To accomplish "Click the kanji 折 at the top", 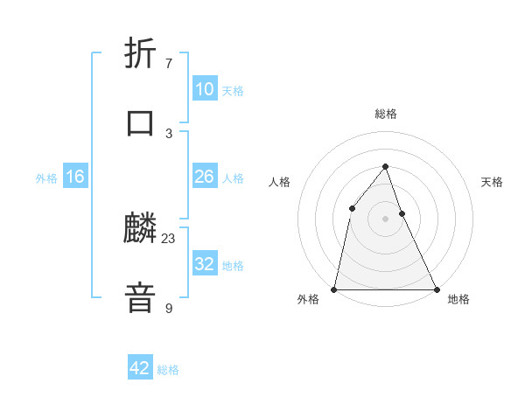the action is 140,54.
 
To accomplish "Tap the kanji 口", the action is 140,122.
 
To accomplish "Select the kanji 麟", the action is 140,229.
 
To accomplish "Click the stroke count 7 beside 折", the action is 169,64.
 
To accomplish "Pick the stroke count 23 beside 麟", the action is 169,239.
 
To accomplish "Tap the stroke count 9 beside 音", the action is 169,308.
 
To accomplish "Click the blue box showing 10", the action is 204,89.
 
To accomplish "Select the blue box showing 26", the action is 204,177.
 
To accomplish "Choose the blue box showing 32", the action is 204,264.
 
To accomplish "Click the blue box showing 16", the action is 75,177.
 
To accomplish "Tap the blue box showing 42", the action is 139,368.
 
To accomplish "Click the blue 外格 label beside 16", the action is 46,178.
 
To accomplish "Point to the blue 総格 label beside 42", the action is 168,370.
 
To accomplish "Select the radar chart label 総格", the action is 385,114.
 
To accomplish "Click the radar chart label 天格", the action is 493,182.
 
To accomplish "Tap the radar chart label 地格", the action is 458,299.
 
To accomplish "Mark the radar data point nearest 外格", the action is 334,289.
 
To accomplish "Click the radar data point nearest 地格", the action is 436,289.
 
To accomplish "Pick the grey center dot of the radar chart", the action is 385,219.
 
